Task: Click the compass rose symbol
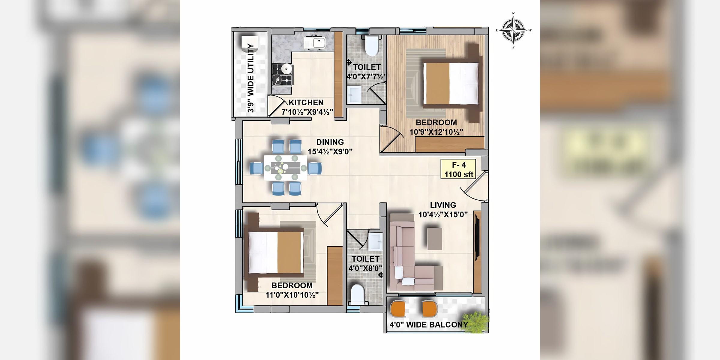514,30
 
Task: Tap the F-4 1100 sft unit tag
458,169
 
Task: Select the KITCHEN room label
306,103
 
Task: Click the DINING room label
330,142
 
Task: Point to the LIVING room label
443,205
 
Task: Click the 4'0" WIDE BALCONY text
429,325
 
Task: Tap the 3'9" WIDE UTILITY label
251,78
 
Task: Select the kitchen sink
314,43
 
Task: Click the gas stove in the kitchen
282,74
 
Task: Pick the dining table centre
286,167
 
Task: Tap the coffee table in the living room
435,239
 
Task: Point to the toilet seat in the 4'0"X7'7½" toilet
372,46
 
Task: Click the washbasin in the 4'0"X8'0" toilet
375,241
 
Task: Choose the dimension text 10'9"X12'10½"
436,132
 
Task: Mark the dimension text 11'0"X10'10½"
292,295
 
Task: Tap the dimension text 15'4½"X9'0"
330,151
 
